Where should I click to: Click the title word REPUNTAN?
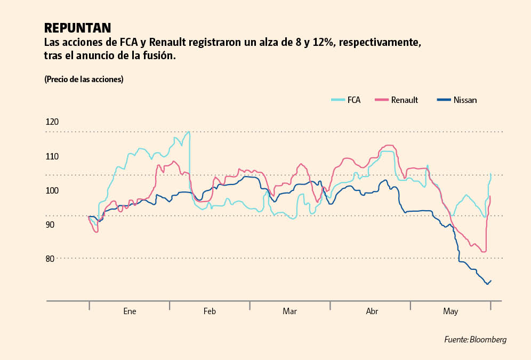[x=77, y=28]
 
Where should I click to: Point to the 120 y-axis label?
[x=52, y=122]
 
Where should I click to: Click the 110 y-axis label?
[x=52, y=156]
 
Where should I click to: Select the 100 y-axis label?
[x=52, y=190]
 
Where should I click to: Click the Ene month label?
[x=130, y=311]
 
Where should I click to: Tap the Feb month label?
[x=210, y=311]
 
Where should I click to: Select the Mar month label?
[x=289, y=311]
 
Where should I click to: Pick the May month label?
[x=450, y=311]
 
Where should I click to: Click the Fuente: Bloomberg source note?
[x=475, y=340]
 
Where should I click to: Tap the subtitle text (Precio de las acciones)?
[x=84, y=79]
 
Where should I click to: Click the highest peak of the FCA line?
[x=189, y=132]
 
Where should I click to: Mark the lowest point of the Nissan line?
[x=487, y=284]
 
